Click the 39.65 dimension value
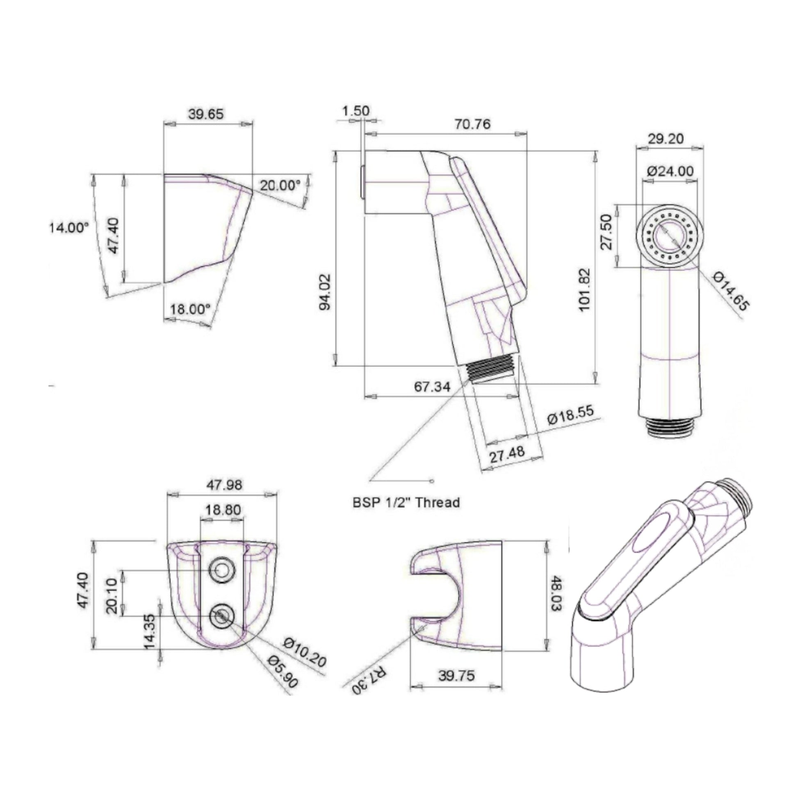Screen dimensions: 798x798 point(206,114)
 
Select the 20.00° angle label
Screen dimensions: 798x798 point(280,185)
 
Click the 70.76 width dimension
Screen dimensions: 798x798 point(472,124)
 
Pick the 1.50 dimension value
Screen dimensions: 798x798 point(356,111)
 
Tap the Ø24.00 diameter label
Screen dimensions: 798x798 point(670,171)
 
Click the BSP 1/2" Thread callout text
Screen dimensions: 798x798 point(406,503)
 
